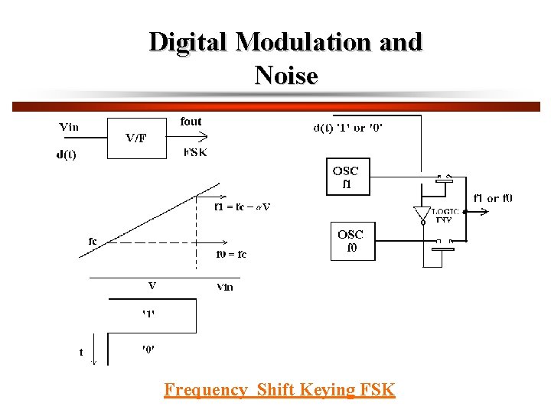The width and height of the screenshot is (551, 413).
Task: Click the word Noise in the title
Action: click(x=285, y=75)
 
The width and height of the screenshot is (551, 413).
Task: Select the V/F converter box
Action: click(x=136, y=138)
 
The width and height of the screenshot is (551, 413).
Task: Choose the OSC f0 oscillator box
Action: click(x=351, y=240)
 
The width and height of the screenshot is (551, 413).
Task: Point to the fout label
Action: click(x=191, y=121)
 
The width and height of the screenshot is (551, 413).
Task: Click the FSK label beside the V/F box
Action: click(x=195, y=152)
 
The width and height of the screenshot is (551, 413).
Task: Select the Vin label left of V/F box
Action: click(x=69, y=126)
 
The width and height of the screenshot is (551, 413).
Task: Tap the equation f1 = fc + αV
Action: click(x=242, y=206)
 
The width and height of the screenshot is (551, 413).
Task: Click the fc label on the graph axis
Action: click(x=93, y=241)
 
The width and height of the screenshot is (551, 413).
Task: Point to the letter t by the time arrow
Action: click(x=81, y=353)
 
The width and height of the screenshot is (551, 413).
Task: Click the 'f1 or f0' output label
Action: click(x=493, y=198)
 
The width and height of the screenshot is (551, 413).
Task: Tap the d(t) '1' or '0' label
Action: click(x=348, y=128)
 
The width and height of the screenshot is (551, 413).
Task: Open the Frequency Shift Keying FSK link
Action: click(x=279, y=390)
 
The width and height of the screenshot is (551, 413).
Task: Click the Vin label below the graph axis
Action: click(x=224, y=287)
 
